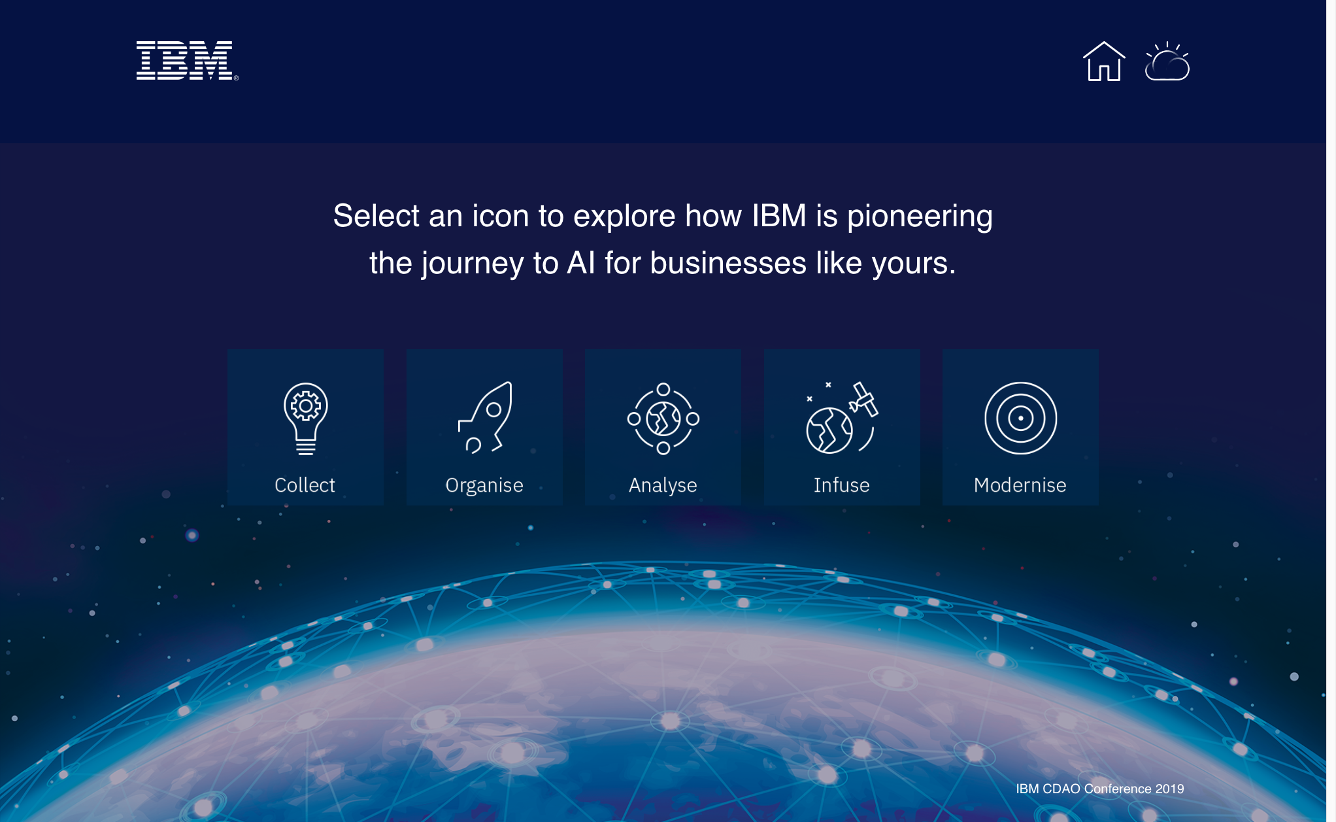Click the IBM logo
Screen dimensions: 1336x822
tap(187, 60)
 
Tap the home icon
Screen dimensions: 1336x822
tap(1104, 61)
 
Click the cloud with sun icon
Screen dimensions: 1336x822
tap(1167, 61)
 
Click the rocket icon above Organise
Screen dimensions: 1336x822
tap(486, 418)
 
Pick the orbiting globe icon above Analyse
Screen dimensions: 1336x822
tap(663, 419)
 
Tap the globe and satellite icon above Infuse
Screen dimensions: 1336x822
tap(843, 418)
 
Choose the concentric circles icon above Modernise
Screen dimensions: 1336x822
tap(1021, 419)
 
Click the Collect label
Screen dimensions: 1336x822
tap(305, 485)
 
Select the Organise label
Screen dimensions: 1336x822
tap(484, 486)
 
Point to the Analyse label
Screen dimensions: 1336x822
tap(663, 486)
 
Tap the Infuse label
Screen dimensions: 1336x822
tap(842, 485)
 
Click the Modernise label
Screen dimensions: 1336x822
tap(1020, 485)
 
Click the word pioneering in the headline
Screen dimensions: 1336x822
tap(920, 217)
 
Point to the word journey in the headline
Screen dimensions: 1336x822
tap(473, 264)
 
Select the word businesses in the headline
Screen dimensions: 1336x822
tap(728, 263)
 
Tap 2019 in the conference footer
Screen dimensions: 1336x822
tap(1170, 789)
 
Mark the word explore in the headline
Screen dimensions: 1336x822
tap(624, 217)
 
